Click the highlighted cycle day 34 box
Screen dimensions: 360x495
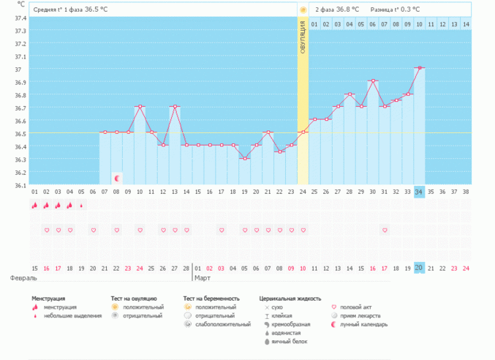419,192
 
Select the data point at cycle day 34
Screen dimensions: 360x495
419,68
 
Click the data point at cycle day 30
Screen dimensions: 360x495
373,81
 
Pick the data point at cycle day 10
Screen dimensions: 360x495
140,107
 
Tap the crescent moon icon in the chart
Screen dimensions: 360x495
117,178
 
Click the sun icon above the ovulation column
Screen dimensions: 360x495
303,10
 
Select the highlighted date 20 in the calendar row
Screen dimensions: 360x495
419,268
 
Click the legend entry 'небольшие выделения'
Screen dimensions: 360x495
72,315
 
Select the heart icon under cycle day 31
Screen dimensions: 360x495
385,230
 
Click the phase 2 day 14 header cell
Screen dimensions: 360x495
466,25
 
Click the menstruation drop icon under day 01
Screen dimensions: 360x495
34,206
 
